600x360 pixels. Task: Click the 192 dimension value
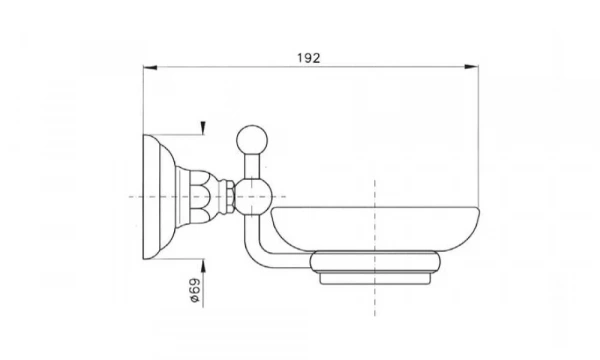point(308,58)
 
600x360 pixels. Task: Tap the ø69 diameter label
point(195,290)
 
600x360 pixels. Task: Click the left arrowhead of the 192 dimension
point(150,68)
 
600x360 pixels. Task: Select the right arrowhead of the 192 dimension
point(471,67)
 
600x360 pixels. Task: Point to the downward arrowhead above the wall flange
point(203,128)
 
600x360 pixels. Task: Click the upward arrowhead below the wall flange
point(203,266)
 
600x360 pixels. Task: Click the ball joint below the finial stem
point(253,197)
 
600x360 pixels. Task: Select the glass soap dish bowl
point(375,229)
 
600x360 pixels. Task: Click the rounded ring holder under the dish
point(375,262)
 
